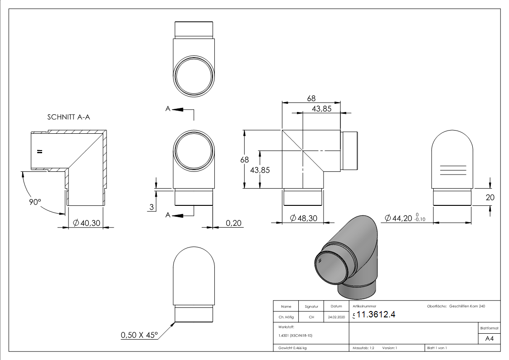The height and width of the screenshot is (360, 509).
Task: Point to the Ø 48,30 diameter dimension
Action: point(303,219)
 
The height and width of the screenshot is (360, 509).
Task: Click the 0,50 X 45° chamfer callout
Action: point(139,335)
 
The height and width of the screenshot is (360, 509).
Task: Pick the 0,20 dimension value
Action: point(234,223)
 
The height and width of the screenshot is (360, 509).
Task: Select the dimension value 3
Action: point(151,207)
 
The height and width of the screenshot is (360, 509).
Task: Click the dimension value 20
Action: point(490,197)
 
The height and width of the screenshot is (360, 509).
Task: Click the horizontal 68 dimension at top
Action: point(311,98)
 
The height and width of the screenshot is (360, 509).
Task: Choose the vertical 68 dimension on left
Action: point(245,160)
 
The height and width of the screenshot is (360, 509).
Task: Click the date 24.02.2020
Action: point(336,317)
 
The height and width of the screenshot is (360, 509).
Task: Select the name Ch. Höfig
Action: point(286,317)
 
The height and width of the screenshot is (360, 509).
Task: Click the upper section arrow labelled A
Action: point(177,109)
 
